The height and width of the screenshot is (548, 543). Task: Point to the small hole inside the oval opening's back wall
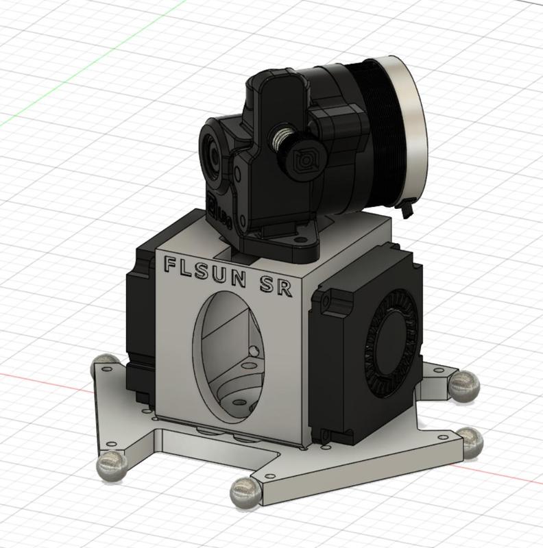[x=254, y=351]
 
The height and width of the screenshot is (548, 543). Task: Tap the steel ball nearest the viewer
[x=243, y=491]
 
